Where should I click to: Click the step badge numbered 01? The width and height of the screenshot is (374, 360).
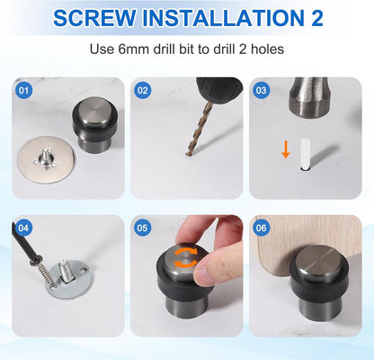[23, 90]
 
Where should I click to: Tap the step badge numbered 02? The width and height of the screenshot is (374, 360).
[142, 90]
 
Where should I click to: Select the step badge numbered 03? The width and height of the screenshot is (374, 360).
[261, 90]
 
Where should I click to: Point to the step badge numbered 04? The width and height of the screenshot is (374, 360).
[23, 227]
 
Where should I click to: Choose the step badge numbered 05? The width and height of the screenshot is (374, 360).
[142, 227]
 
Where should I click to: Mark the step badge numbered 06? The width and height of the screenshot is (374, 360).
[261, 227]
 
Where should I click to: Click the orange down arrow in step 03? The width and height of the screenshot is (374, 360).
[285, 149]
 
